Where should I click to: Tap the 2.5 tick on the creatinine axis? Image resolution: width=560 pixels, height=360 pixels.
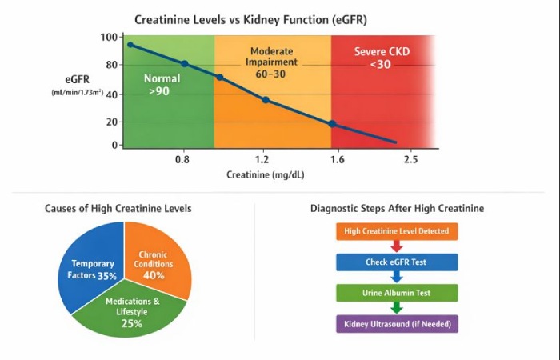410,160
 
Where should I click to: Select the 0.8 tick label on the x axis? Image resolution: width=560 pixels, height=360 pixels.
183,160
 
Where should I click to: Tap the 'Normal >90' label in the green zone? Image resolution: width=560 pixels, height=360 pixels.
162,85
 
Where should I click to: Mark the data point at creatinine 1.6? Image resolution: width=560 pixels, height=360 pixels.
332,124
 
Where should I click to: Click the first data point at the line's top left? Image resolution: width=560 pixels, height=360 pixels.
130,45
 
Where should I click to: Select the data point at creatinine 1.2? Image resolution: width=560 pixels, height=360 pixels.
266,100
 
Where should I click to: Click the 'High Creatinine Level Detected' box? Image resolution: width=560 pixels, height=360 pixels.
397,232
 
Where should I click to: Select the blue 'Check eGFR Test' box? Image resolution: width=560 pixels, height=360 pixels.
397,262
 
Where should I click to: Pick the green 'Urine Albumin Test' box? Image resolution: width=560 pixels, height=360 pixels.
397,293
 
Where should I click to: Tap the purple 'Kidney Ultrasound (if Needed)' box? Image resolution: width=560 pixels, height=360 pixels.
397,323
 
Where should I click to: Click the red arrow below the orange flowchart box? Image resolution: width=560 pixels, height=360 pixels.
397,247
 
